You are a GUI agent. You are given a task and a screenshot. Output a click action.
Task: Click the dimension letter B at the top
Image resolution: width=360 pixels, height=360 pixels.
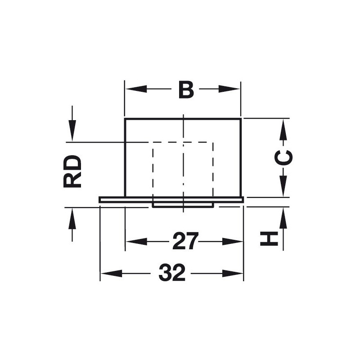[186, 89]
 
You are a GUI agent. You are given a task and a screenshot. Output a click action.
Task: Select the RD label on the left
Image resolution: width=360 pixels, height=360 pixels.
[72, 171]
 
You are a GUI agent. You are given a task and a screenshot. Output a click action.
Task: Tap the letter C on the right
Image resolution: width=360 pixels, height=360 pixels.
[283, 158]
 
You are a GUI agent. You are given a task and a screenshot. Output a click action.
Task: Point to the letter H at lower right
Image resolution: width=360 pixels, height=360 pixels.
[269, 239]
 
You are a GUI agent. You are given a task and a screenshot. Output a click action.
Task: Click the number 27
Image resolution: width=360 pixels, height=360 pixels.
[185, 241]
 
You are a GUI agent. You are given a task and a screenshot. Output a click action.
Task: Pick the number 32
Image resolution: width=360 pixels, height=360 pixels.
[172, 273]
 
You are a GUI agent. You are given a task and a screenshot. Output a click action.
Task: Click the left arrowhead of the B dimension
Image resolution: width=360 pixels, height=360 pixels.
[136, 89]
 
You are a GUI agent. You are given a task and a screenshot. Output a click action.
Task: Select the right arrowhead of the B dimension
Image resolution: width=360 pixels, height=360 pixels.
[229, 89]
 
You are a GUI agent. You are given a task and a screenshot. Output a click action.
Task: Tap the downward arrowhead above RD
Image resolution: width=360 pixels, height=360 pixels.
[72, 131]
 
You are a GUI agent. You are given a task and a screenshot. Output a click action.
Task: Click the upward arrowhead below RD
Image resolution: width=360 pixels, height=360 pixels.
[72, 218]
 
